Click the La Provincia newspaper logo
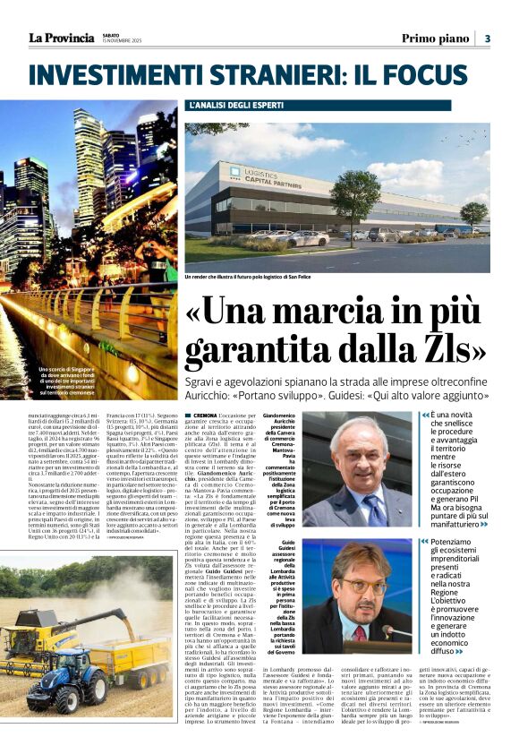(61, 38)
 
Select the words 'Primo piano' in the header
(435, 39)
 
